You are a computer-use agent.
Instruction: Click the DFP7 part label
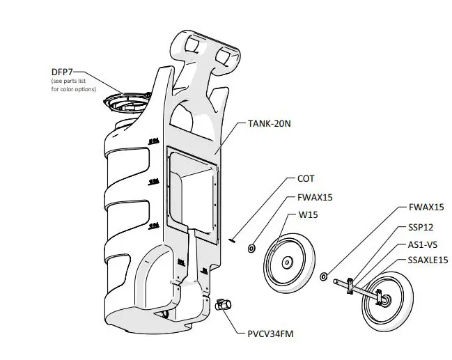(x=62, y=72)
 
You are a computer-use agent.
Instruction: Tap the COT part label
(x=306, y=179)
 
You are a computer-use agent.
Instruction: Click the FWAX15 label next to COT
(x=315, y=198)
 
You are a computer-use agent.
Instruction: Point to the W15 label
(x=308, y=215)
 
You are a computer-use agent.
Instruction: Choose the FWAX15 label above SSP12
(x=426, y=208)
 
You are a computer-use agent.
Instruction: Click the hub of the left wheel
(x=287, y=263)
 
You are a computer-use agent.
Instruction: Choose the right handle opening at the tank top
(x=226, y=56)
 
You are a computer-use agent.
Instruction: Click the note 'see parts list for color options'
(x=74, y=85)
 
